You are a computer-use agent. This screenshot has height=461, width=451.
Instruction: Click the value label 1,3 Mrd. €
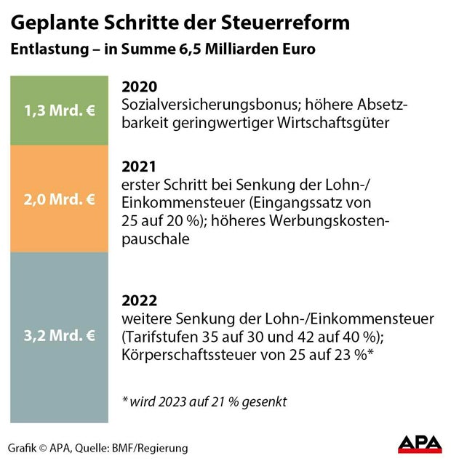coord(58,113)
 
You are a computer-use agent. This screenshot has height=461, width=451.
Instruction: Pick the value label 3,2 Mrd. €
coord(58,335)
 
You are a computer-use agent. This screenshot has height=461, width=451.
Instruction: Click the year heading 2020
coord(139,87)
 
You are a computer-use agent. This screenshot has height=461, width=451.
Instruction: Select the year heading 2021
coord(139,167)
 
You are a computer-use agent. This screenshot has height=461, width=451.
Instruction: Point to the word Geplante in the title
coord(49,23)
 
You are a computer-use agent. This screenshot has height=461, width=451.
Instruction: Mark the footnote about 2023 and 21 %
coord(205,401)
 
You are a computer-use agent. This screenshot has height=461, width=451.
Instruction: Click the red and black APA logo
coord(419,444)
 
